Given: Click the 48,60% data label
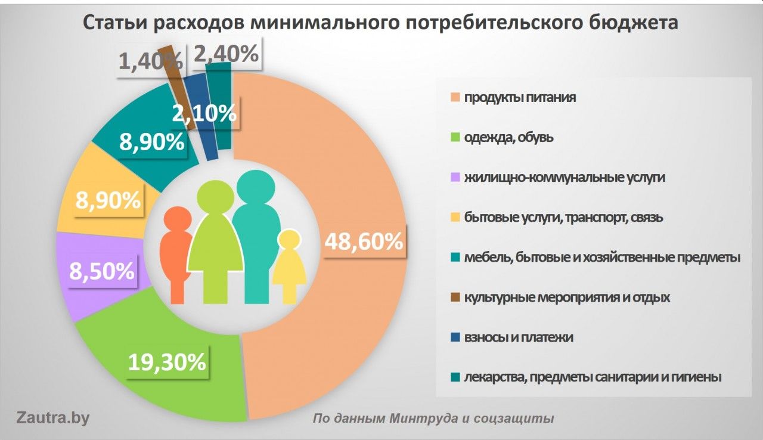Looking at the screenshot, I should coord(363,242).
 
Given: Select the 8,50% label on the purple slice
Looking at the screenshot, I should coord(101,272).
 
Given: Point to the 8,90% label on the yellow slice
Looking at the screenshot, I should coord(108,200).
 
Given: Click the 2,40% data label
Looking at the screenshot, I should coord(227,54).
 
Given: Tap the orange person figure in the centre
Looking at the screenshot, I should coord(176,253).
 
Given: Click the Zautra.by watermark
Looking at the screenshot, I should coord(52,417).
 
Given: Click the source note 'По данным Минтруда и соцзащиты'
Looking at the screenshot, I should coord(433,419).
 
